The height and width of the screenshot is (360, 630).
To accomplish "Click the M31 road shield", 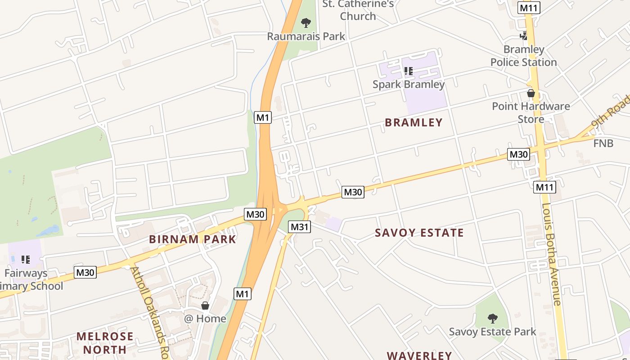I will pyautogui.click(x=299, y=227).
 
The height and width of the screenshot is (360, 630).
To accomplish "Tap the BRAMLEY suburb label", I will pyautogui.click(x=414, y=122).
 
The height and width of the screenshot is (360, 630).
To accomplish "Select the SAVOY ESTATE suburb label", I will pyautogui.click(x=419, y=233).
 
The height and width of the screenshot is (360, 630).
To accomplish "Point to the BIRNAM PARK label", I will pyautogui.click(x=193, y=239).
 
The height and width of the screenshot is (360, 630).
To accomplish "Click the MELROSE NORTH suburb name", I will pyautogui.click(x=105, y=342).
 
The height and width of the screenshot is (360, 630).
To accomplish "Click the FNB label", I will pyautogui.click(x=603, y=143).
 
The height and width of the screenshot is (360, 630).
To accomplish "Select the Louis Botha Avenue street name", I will pyautogui.click(x=552, y=254).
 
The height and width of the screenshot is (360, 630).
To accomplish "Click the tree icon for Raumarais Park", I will pyautogui.click(x=306, y=22).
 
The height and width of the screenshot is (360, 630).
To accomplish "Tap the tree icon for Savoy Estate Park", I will pyautogui.click(x=493, y=319).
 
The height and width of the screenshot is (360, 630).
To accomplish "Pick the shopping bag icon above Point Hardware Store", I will pyautogui.click(x=531, y=93).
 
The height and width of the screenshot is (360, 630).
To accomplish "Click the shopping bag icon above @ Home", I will pyautogui.click(x=205, y=306).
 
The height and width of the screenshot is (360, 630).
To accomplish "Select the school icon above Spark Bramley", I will pyautogui.click(x=408, y=71).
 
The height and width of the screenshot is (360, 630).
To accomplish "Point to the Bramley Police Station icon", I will pyautogui.click(x=523, y=36).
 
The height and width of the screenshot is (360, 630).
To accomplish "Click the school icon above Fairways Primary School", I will pyautogui.click(x=26, y=259).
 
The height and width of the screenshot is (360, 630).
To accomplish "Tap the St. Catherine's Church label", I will pyautogui.click(x=358, y=10).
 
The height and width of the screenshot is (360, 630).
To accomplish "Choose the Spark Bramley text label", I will pyautogui.click(x=409, y=84).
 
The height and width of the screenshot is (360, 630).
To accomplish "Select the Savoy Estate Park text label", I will pyautogui.click(x=493, y=332).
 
